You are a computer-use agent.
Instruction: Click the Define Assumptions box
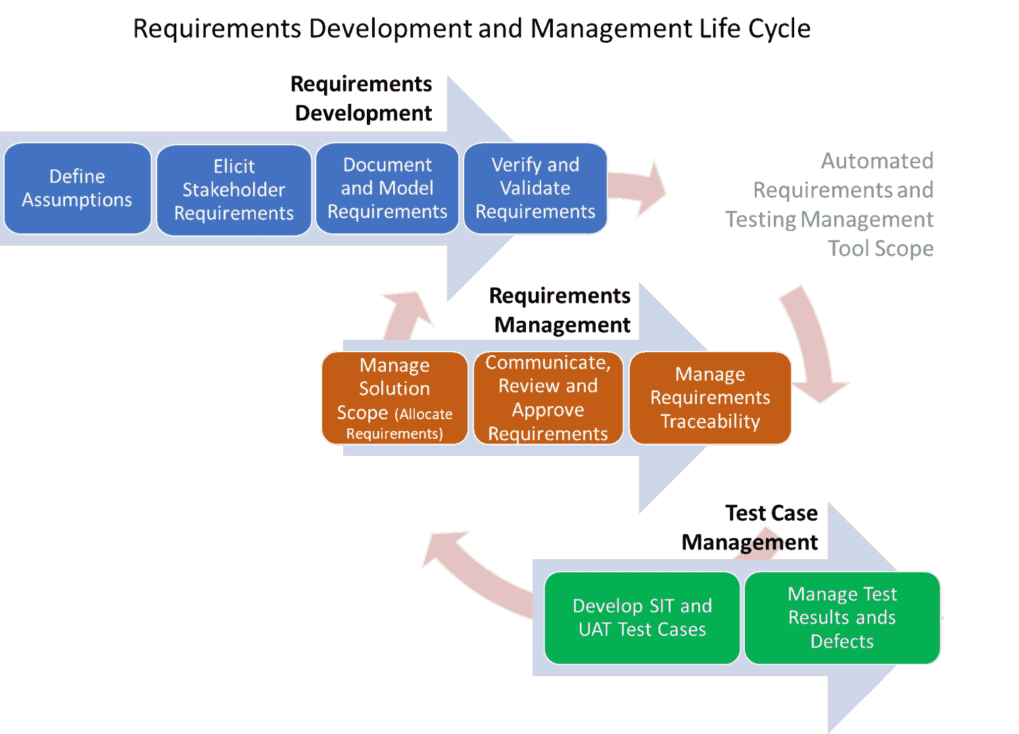[x=77, y=189]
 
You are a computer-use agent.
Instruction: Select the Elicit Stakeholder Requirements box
[x=233, y=190]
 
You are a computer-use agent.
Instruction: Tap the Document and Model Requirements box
[x=387, y=189]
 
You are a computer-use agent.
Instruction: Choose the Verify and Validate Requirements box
[x=535, y=189]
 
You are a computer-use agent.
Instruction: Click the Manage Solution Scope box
[x=394, y=398]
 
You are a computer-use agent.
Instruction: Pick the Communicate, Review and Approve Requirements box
[x=548, y=398]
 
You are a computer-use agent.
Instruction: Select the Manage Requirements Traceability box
[x=710, y=398]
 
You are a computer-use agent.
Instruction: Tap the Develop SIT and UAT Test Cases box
[x=642, y=618]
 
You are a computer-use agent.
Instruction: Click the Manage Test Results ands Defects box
[x=842, y=618]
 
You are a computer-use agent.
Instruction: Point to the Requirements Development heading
[x=362, y=99]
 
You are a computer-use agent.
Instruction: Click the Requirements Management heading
[x=561, y=310]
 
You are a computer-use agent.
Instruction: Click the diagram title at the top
[x=471, y=29]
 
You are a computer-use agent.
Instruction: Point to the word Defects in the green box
[x=842, y=641]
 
